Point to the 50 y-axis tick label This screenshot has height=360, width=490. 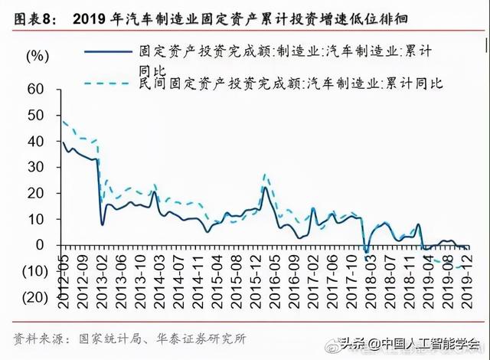tap(35, 115)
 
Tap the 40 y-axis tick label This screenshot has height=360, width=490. tap(35, 141)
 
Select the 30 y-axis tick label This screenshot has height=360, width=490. tap(35, 167)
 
